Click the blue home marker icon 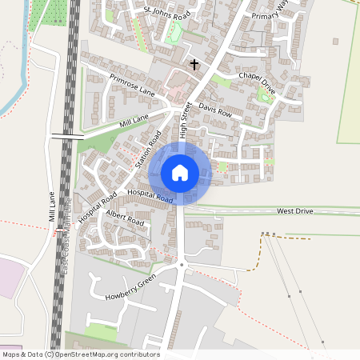tap(180, 172)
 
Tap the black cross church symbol tap(194, 63)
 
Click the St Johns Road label tap(167, 14)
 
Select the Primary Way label tap(269, 15)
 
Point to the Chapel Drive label tap(257, 82)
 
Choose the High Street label tap(185, 120)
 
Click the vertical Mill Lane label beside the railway tap(51, 206)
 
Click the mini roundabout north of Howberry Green tap(182, 264)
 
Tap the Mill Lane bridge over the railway tap(67, 137)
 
